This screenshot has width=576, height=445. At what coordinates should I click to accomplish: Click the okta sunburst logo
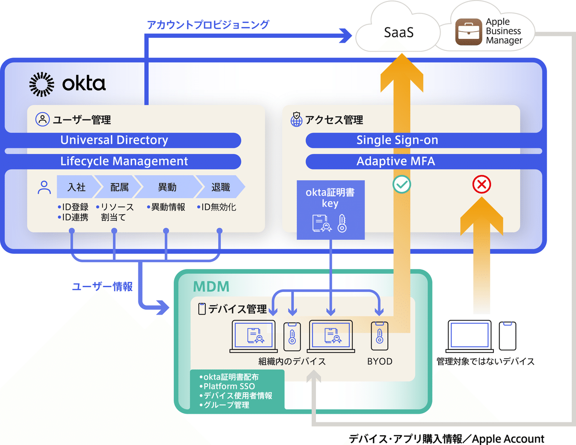click(x=42, y=84)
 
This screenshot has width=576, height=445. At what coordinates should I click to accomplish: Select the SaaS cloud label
click(x=398, y=33)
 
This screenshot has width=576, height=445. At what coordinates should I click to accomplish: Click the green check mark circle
click(x=401, y=185)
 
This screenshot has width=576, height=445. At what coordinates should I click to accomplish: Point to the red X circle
click(x=481, y=184)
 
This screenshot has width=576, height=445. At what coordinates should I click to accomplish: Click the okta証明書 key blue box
click(x=330, y=210)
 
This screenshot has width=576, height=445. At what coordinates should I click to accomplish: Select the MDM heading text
click(x=211, y=287)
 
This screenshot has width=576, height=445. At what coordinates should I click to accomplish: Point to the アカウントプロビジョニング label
click(x=208, y=24)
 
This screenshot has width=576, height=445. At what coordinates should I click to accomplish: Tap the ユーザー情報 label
click(x=102, y=287)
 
